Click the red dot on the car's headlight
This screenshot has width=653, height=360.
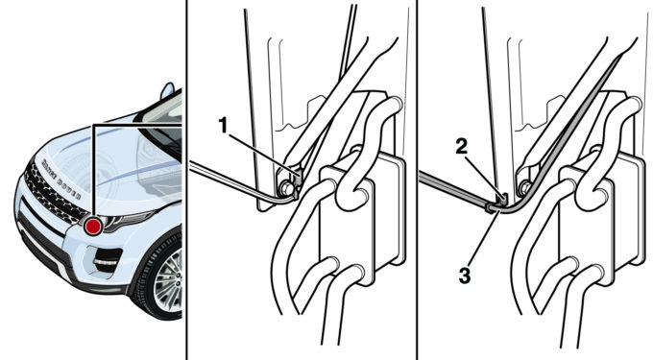pyautogui.click(x=93, y=227)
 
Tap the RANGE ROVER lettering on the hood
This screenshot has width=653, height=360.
pyautogui.click(x=61, y=179)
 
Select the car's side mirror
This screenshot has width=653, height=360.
pyautogui.click(x=167, y=91)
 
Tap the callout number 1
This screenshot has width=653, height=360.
pyautogui.click(x=224, y=125)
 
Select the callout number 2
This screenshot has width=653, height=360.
pyautogui.click(x=462, y=147)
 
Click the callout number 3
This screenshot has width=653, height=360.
pyautogui.click(x=465, y=276)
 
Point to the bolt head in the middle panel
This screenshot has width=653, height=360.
pyautogui.click(x=285, y=189)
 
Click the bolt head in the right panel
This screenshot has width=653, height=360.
pyautogui.click(x=523, y=188)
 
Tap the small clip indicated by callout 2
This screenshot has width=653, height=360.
pyautogui.click(x=502, y=198)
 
